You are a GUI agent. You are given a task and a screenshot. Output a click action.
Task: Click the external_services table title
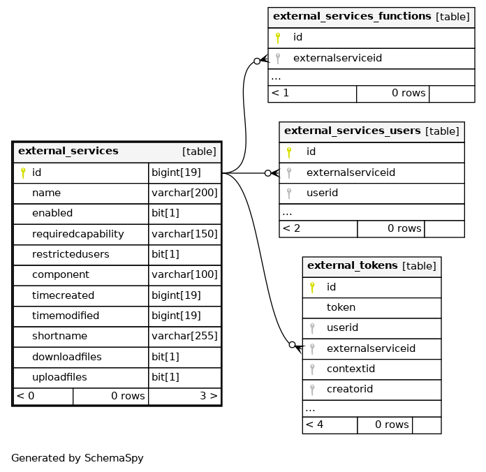pos(68,151)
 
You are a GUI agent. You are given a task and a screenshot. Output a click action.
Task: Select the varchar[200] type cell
pos(184,193)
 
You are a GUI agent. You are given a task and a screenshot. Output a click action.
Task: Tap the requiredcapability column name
pos(78,234)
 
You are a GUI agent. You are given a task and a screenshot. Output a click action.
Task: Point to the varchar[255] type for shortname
pos(184,336)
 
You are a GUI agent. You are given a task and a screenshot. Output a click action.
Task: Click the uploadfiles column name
pos(59,377)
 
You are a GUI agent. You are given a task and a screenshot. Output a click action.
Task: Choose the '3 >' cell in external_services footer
pos(209,396)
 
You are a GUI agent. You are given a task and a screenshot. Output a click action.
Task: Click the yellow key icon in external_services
pos(23,172)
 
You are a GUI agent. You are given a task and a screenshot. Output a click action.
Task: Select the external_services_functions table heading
pos(352,16)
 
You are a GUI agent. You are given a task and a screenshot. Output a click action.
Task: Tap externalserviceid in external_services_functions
pos(337,58)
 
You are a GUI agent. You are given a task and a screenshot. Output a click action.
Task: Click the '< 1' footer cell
pos(280,93)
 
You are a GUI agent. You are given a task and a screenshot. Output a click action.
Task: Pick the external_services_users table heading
pos(353,131)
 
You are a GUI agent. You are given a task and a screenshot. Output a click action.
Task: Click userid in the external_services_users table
pos(322,193)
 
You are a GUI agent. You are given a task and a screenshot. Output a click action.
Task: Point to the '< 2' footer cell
pos(291,228)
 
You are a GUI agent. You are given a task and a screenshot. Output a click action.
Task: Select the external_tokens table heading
pos(353,265)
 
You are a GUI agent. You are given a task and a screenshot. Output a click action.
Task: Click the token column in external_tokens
pos(341,307)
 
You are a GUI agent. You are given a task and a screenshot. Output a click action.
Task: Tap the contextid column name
pos(351,369)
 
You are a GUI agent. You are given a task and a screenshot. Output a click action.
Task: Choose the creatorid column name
pos(350,389)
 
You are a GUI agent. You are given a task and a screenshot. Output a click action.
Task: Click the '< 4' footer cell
pos(315,425)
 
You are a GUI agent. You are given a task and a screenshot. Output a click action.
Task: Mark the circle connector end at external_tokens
pos(292,345)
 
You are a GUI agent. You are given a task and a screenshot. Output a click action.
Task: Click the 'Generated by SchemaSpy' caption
pos(78,458)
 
